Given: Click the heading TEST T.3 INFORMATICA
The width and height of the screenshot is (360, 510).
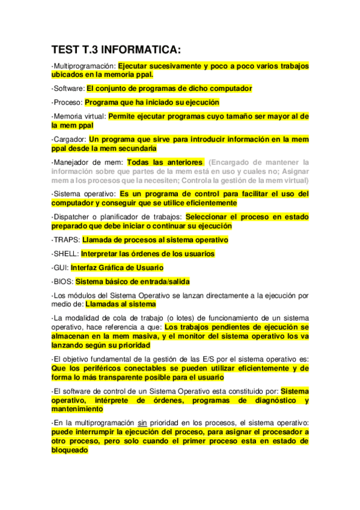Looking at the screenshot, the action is (116, 50).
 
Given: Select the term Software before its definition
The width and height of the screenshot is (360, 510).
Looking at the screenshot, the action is (69, 88).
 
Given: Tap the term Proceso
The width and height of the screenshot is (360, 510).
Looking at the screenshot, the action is (68, 102).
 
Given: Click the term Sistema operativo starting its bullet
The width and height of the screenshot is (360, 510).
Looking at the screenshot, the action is (85, 194).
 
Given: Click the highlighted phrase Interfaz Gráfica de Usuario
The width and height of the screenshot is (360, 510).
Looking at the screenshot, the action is (117, 268).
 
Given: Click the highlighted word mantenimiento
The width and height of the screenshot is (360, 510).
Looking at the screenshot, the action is (77, 409).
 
